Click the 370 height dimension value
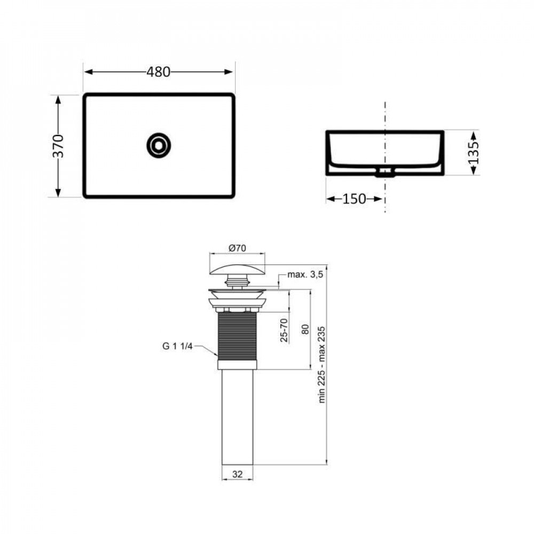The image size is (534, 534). pyautogui.click(x=59, y=146)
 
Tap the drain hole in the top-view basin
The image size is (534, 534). pyautogui.click(x=159, y=144)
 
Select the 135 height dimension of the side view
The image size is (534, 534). pyautogui.click(x=473, y=152)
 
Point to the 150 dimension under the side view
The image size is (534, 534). pyautogui.click(x=354, y=199)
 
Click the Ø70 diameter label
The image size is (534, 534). pyautogui.click(x=237, y=247)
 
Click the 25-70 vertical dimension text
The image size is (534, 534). pyautogui.click(x=284, y=329)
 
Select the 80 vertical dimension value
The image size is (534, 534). pyautogui.click(x=305, y=329)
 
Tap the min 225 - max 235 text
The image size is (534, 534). pyautogui.click(x=322, y=364)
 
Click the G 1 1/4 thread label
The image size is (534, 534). pyautogui.click(x=178, y=345)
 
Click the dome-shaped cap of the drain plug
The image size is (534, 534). pyautogui.click(x=237, y=265)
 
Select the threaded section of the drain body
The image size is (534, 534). pyautogui.click(x=237, y=336)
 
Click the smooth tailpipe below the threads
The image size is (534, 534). pyautogui.click(x=237, y=417)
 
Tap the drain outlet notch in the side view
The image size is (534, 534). pyautogui.click(x=384, y=172)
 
